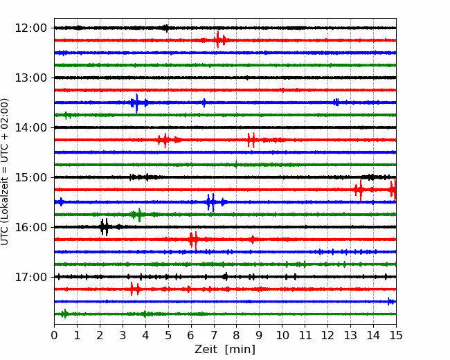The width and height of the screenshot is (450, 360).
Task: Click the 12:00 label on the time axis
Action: point(30,28)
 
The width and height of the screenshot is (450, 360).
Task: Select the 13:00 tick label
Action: point(30,78)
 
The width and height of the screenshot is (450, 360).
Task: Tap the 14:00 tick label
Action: point(30,127)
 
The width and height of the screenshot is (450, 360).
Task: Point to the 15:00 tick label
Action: point(30,177)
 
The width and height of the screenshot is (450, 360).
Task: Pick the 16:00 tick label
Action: point(30,227)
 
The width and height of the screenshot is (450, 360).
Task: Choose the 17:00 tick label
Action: point(30,277)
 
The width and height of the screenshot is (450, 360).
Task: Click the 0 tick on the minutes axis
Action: point(54,335)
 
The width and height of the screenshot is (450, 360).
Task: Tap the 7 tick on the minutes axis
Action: point(214,335)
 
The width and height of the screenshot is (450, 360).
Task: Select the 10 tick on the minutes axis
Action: point(282,335)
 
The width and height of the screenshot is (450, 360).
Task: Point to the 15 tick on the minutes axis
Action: point(396,335)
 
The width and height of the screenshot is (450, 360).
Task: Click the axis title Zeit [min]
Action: point(225,350)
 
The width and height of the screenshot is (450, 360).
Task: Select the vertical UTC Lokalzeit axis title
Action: point(5,172)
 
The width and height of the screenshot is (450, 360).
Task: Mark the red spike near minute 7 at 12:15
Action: point(218,39)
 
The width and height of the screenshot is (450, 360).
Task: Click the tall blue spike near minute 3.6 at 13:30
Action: point(136,103)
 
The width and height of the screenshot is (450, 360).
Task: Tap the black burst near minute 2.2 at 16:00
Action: point(105,227)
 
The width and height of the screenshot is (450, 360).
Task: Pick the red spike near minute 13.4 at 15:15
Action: point(361,190)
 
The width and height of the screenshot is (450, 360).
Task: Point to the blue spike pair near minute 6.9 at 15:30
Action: point(211,202)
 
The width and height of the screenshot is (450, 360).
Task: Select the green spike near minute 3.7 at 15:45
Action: point(139,215)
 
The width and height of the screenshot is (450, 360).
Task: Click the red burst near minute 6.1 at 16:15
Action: point(194,240)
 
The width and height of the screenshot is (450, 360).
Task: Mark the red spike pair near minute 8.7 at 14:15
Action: point(251,140)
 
